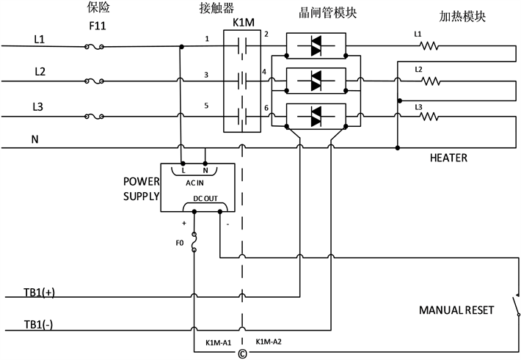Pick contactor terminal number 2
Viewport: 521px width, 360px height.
coord(266,34)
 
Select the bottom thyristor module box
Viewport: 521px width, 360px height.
coord(316,115)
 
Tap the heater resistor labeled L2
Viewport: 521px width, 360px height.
coord(430,81)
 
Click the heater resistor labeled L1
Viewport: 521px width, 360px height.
coord(430,48)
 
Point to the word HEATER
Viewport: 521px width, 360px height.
coord(449,158)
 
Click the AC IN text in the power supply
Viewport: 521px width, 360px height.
coord(194,181)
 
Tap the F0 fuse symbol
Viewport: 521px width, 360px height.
coord(194,241)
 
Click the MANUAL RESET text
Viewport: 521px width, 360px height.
coord(456,310)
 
